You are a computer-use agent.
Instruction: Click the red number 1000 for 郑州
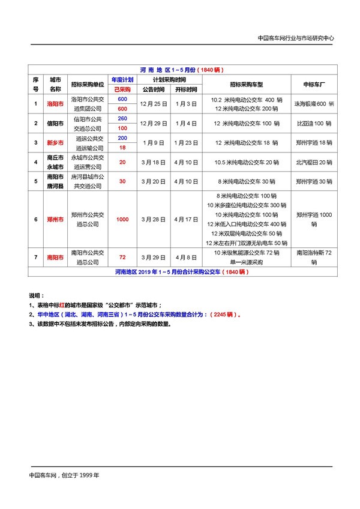(122, 219)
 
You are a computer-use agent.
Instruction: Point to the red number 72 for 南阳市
(122, 257)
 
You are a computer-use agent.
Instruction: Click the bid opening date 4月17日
(186, 219)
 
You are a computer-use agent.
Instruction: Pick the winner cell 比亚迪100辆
(314, 123)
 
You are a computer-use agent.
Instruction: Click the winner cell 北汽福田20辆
(314, 162)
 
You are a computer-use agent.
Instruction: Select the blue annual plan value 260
(122, 118)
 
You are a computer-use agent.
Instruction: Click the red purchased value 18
(122, 148)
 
